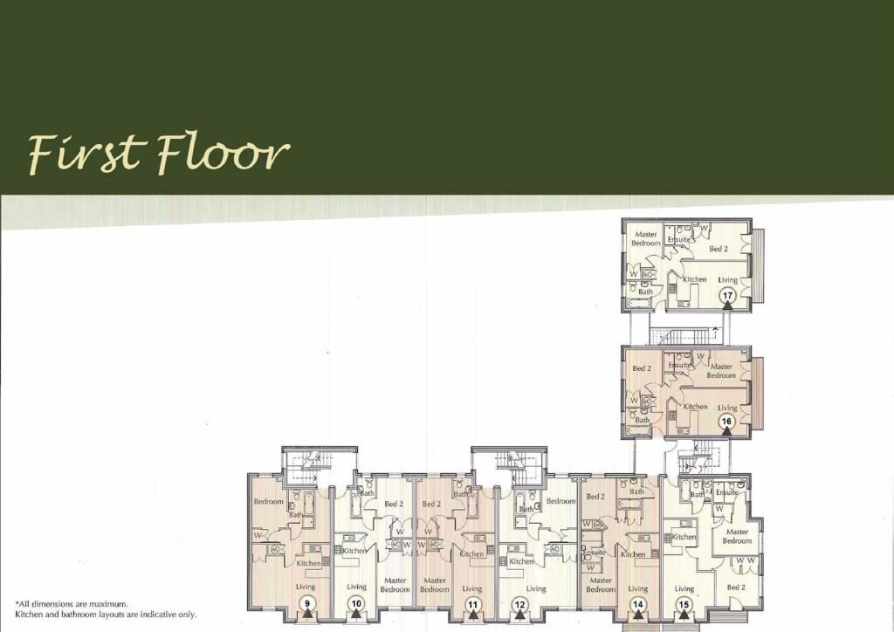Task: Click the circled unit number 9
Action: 307,603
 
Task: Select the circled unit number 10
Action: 356,604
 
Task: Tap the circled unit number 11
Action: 472,605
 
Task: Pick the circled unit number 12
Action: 520,605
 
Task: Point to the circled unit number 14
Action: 637,605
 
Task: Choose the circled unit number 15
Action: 684,605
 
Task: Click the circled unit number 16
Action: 726,422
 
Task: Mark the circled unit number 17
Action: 727,296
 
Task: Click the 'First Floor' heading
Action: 159,154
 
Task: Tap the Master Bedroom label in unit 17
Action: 646,238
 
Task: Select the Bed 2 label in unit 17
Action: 719,249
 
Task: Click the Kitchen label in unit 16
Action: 695,406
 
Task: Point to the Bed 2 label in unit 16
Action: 642,368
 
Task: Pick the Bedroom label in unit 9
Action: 269,501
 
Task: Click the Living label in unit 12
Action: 536,588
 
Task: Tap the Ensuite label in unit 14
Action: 594,553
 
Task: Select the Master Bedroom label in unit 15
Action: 737,536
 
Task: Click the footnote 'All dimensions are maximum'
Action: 72,604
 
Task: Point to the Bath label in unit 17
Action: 645,292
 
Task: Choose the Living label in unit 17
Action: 727,280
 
